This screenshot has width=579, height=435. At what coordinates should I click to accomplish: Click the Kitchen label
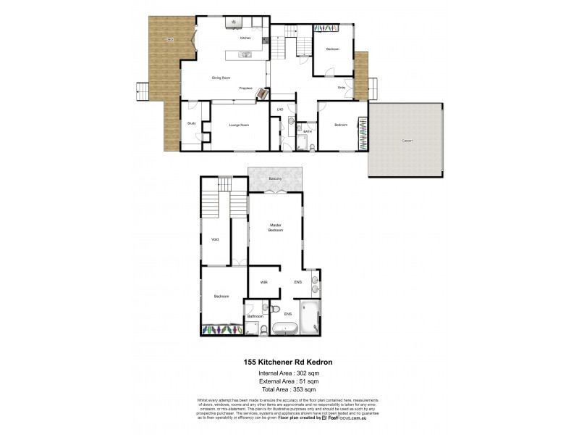pos(245,38)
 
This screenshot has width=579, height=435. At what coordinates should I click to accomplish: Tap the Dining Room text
pos(221,78)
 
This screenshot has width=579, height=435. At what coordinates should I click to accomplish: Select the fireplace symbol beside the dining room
pos(263,93)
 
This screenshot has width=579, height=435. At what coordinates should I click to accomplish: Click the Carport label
pos(407,141)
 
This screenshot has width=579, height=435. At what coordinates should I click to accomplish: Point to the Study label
pos(192,124)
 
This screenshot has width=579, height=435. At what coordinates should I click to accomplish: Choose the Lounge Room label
pos(240,125)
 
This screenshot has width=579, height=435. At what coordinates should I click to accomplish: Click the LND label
pos(279,109)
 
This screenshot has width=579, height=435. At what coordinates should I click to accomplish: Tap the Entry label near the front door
pos(342,88)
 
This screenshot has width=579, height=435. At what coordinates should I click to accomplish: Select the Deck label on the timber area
pos(169,38)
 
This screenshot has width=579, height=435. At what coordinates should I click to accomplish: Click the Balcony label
pos(275,178)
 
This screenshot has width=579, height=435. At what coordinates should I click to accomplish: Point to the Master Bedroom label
pos(276,227)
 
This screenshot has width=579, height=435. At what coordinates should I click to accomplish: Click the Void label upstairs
pos(214,239)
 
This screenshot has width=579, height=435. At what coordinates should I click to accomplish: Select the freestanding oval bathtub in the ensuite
pos(284,328)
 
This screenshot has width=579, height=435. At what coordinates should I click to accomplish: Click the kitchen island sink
pos(246,54)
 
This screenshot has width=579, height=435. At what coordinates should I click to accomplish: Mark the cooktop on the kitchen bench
pos(234,22)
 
